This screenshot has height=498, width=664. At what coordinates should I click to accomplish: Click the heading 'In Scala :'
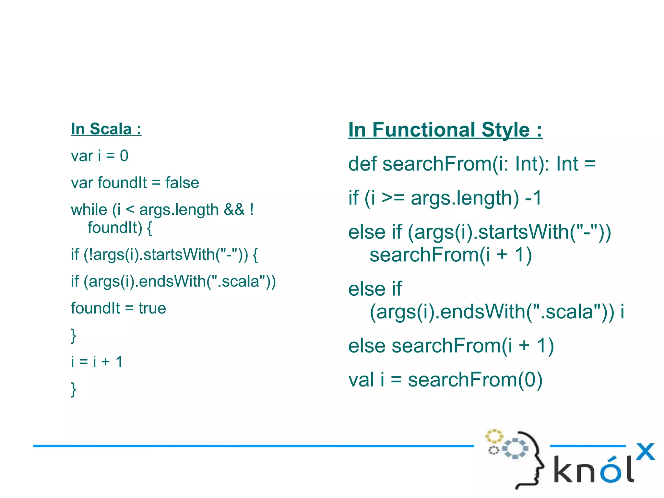(x=106, y=129)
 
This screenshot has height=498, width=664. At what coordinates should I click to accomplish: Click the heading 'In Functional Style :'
(x=445, y=130)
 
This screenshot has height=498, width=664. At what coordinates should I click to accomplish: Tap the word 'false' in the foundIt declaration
(x=182, y=183)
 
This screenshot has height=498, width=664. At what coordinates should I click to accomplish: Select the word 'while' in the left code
(x=89, y=209)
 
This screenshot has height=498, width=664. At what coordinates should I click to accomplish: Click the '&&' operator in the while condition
(x=234, y=209)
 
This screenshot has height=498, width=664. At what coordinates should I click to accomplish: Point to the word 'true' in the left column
(x=152, y=308)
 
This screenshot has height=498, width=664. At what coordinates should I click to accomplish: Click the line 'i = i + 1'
(x=97, y=362)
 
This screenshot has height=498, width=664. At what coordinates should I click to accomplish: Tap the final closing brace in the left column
(x=74, y=389)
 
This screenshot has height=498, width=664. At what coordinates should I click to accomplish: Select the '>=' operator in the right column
(x=393, y=198)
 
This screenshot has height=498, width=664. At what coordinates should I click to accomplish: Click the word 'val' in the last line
(x=361, y=380)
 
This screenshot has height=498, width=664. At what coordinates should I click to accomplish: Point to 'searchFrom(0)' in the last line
(x=475, y=380)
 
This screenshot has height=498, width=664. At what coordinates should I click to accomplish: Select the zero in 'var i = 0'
(x=124, y=156)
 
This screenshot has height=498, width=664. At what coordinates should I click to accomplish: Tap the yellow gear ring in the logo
(x=494, y=436)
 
